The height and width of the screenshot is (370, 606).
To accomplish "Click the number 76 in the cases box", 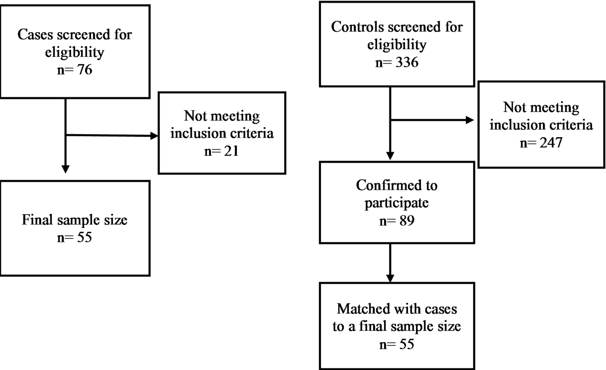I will pyautogui.click(x=84, y=70).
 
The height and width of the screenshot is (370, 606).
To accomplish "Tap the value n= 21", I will pyautogui.click(x=222, y=151).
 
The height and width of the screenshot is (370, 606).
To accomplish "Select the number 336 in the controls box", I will pyautogui.click(x=407, y=62).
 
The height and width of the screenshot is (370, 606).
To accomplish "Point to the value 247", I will pyautogui.click(x=551, y=142).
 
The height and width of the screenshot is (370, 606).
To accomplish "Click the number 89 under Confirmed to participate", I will pyautogui.click(x=407, y=221).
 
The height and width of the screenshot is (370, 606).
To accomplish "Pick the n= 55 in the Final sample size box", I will pyautogui.click(x=75, y=237).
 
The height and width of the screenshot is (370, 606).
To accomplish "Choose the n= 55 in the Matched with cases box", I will pyautogui.click(x=397, y=344).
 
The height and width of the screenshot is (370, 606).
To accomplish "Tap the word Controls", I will pyautogui.click(x=356, y=27).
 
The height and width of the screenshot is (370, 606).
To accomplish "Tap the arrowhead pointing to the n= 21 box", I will pyautogui.click(x=154, y=136).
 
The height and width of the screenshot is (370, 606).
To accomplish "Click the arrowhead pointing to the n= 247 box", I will pyautogui.click(x=470, y=120).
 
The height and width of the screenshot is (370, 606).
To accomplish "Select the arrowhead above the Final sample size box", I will pyautogui.click(x=66, y=169).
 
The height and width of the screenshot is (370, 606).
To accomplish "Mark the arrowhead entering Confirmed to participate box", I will pyautogui.click(x=390, y=156).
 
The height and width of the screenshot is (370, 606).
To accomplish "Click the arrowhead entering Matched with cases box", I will pyautogui.click(x=390, y=278).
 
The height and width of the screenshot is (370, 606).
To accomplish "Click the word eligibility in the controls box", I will pyautogui.click(x=397, y=45).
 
